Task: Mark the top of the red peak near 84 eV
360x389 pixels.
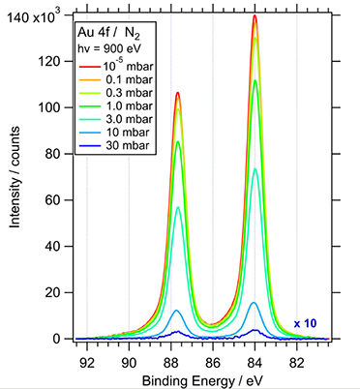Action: pos(255,15)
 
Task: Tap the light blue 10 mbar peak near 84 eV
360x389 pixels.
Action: pos(254,303)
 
